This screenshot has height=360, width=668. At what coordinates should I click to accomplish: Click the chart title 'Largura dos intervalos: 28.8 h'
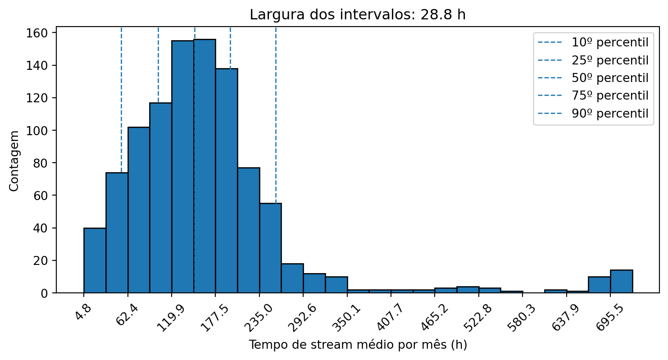coord(358,15)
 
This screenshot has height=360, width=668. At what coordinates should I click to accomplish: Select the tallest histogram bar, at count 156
coord(204,167)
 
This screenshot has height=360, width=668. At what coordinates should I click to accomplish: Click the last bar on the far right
coord(621,282)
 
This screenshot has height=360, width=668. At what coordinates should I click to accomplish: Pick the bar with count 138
coord(227,180)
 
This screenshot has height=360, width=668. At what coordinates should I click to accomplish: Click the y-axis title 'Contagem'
coord(14,160)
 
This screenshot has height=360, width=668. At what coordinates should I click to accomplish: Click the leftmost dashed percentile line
coord(121,99)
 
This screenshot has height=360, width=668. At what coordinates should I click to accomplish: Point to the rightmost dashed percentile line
coord(276,113)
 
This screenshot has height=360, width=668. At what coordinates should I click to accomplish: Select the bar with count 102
coord(139,210)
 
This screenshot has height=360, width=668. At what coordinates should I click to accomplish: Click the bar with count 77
coord(249,230)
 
